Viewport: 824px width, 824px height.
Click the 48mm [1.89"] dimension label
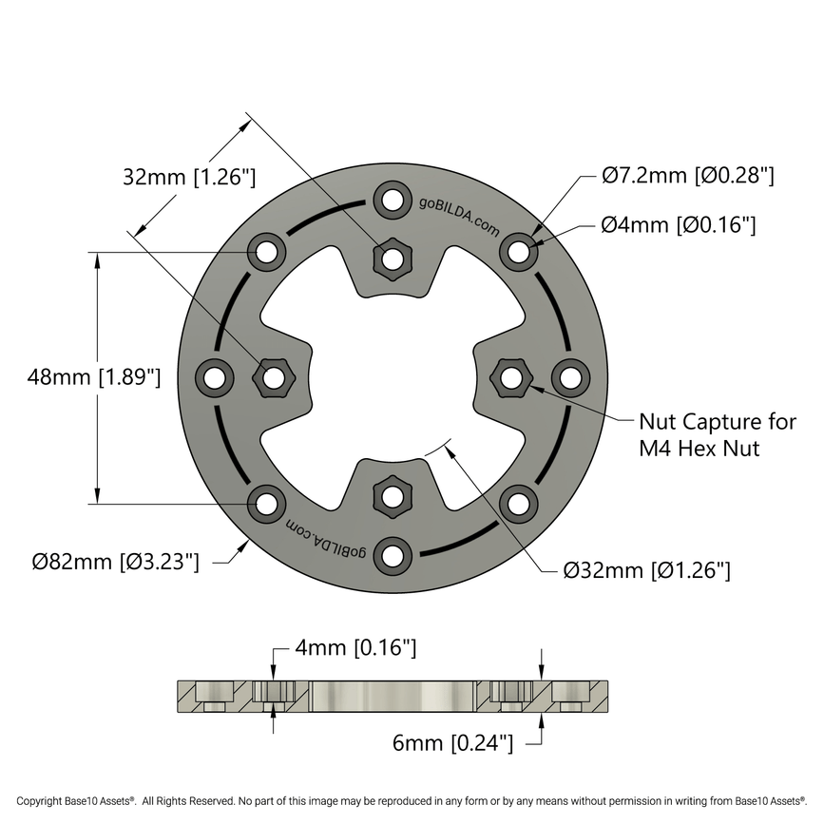[94, 376]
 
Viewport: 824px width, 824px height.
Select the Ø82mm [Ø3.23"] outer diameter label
[115, 562]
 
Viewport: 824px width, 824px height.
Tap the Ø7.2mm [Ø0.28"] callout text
[688, 175]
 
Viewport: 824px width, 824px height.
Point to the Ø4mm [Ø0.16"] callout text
[679, 225]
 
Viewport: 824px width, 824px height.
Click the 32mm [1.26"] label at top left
[190, 176]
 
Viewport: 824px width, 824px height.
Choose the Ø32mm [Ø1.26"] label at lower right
[646, 570]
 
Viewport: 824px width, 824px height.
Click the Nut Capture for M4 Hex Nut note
[717, 434]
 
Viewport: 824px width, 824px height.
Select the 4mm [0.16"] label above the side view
[355, 648]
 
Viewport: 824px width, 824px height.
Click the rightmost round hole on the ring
[569, 378]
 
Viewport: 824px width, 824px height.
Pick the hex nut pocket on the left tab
[272, 378]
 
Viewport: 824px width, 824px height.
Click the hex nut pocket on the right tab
[511, 378]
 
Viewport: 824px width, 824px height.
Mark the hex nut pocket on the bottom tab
[392, 496]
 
